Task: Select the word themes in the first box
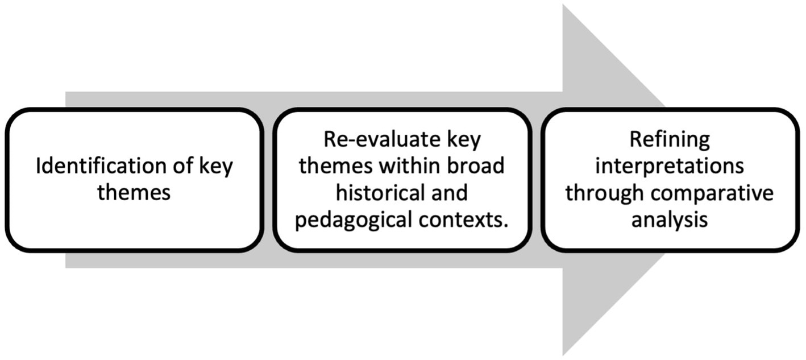pyautogui.click(x=134, y=193)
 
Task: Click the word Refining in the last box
pyautogui.click(x=670, y=140)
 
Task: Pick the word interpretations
pyautogui.click(x=670, y=167)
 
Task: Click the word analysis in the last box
pyautogui.click(x=670, y=220)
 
